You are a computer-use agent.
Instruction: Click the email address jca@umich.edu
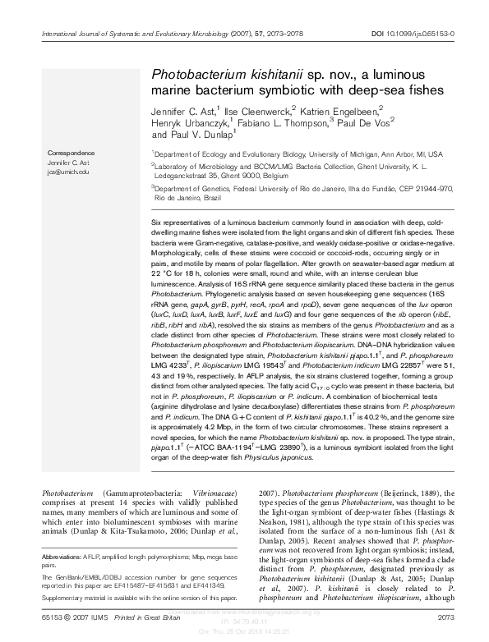68,172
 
